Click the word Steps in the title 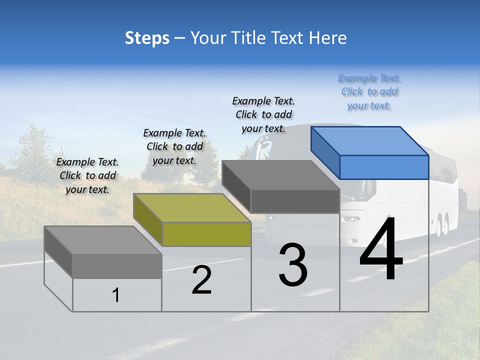[147, 38]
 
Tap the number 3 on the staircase [293, 265]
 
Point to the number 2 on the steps [201, 280]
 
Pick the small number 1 [116, 295]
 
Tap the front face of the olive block [206, 234]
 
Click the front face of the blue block [384, 167]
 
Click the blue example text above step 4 [369, 92]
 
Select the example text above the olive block [174, 147]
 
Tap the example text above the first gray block [87, 175]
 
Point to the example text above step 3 [263, 114]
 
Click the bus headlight [351, 219]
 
